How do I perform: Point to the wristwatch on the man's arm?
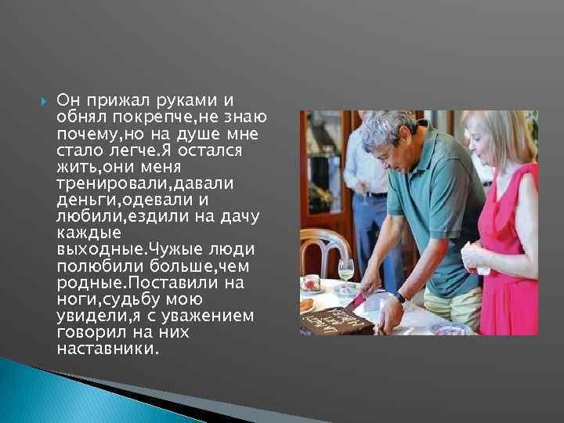(400, 298)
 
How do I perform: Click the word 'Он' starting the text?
(67, 101)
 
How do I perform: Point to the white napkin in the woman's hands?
(479, 258)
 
